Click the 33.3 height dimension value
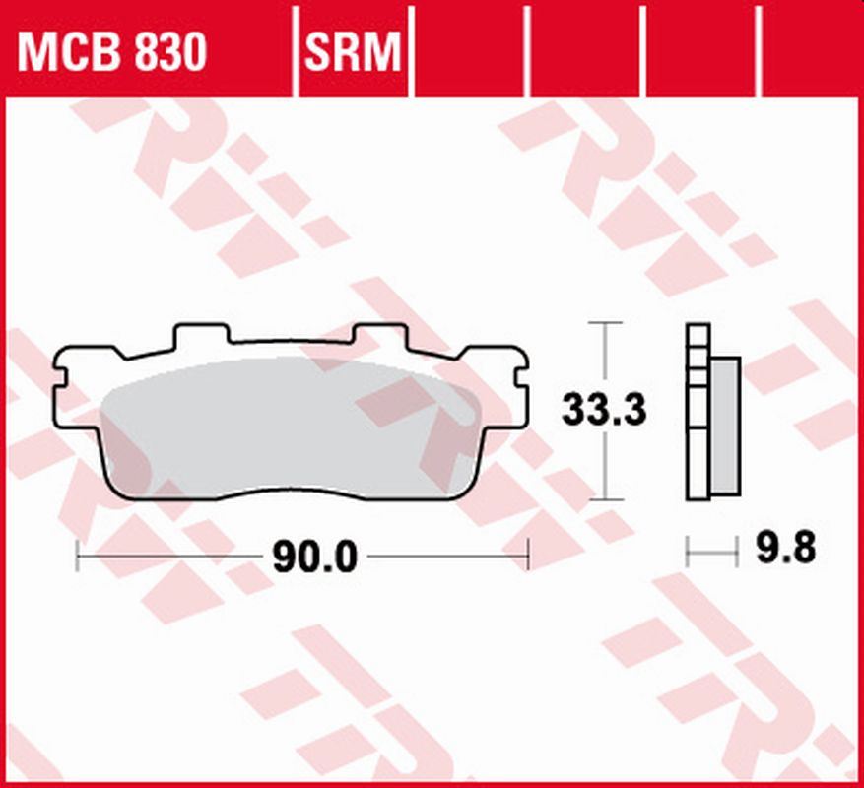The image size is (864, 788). click(604, 410)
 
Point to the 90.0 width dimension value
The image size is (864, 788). click(313, 558)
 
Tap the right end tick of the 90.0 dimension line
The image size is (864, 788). click(529, 555)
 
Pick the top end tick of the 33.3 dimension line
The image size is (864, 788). click(604, 322)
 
